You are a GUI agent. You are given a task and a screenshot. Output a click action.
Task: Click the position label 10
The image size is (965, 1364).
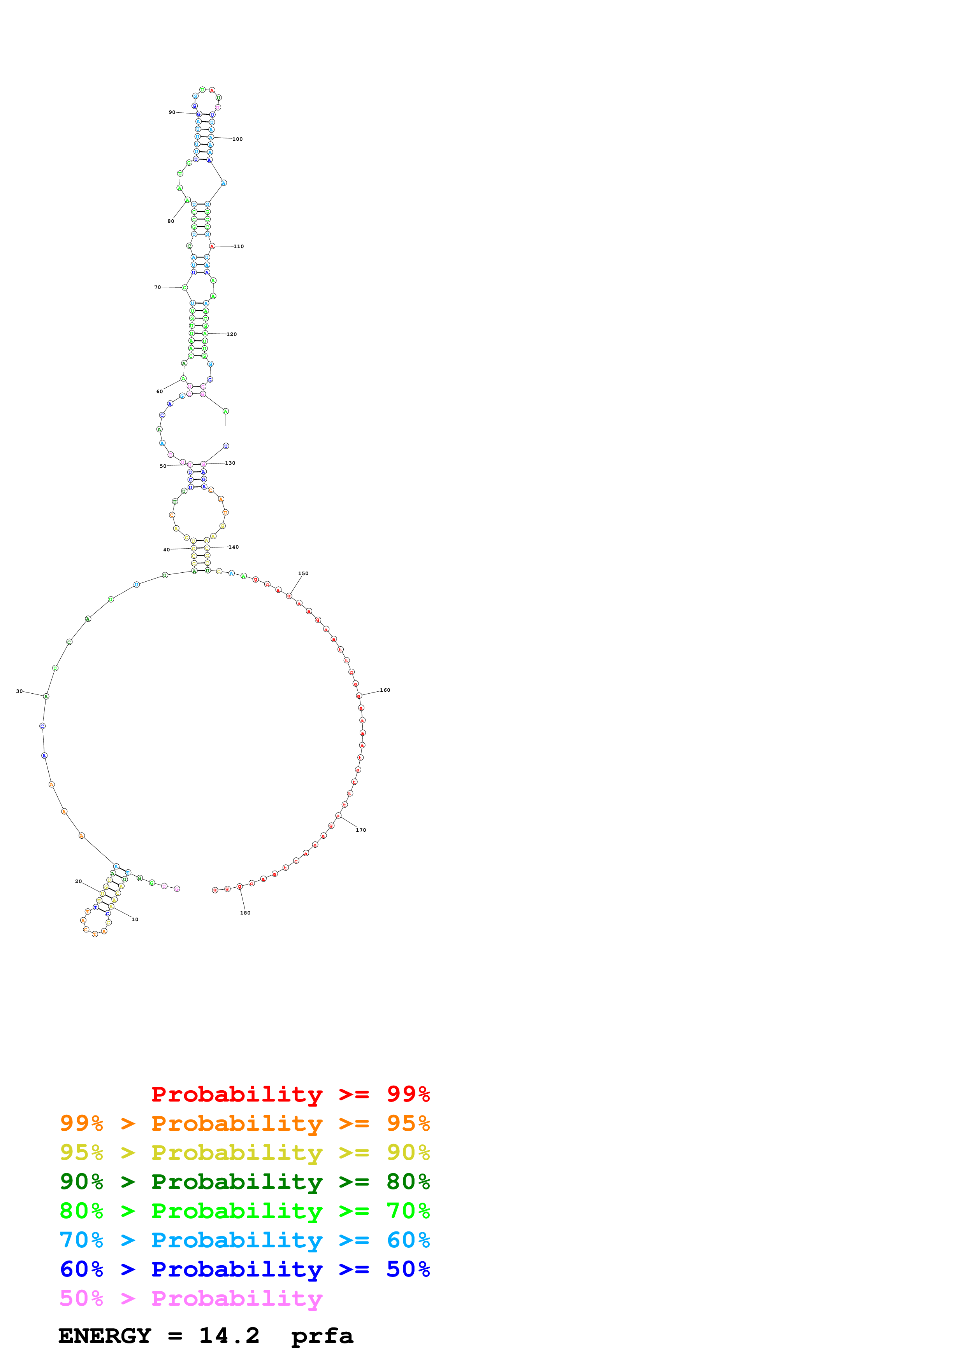click(x=135, y=920)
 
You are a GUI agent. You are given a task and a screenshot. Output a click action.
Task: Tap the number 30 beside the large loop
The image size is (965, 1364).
click(x=19, y=691)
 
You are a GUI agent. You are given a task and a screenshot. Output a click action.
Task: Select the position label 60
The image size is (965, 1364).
click(x=159, y=392)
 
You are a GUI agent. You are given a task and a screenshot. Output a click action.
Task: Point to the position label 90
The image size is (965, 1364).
click(x=172, y=112)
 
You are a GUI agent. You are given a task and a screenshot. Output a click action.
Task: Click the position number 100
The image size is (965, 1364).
click(x=237, y=140)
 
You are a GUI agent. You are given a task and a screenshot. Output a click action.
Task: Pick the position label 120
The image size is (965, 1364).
click(x=231, y=334)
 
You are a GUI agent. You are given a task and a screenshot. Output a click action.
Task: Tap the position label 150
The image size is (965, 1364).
click(x=303, y=574)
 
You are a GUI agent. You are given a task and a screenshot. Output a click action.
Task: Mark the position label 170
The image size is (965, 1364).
click(x=361, y=831)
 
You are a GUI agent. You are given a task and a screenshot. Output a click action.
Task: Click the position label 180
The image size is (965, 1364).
click(x=245, y=913)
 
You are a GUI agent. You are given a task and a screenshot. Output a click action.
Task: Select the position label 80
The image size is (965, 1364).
click(x=171, y=222)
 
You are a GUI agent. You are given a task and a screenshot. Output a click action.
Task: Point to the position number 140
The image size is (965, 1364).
click(x=234, y=547)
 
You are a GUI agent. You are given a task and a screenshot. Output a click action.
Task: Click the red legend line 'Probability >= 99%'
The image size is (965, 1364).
click(x=290, y=1094)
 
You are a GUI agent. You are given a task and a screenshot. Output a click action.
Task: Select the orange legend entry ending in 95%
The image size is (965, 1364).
click(x=244, y=1123)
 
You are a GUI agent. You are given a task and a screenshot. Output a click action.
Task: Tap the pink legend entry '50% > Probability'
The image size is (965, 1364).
click(x=191, y=1299)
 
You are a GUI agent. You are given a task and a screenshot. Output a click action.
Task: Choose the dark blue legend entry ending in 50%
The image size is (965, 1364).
click(x=244, y=1269)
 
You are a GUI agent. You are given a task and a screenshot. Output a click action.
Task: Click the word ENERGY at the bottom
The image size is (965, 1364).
click(x=105, y=1336)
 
